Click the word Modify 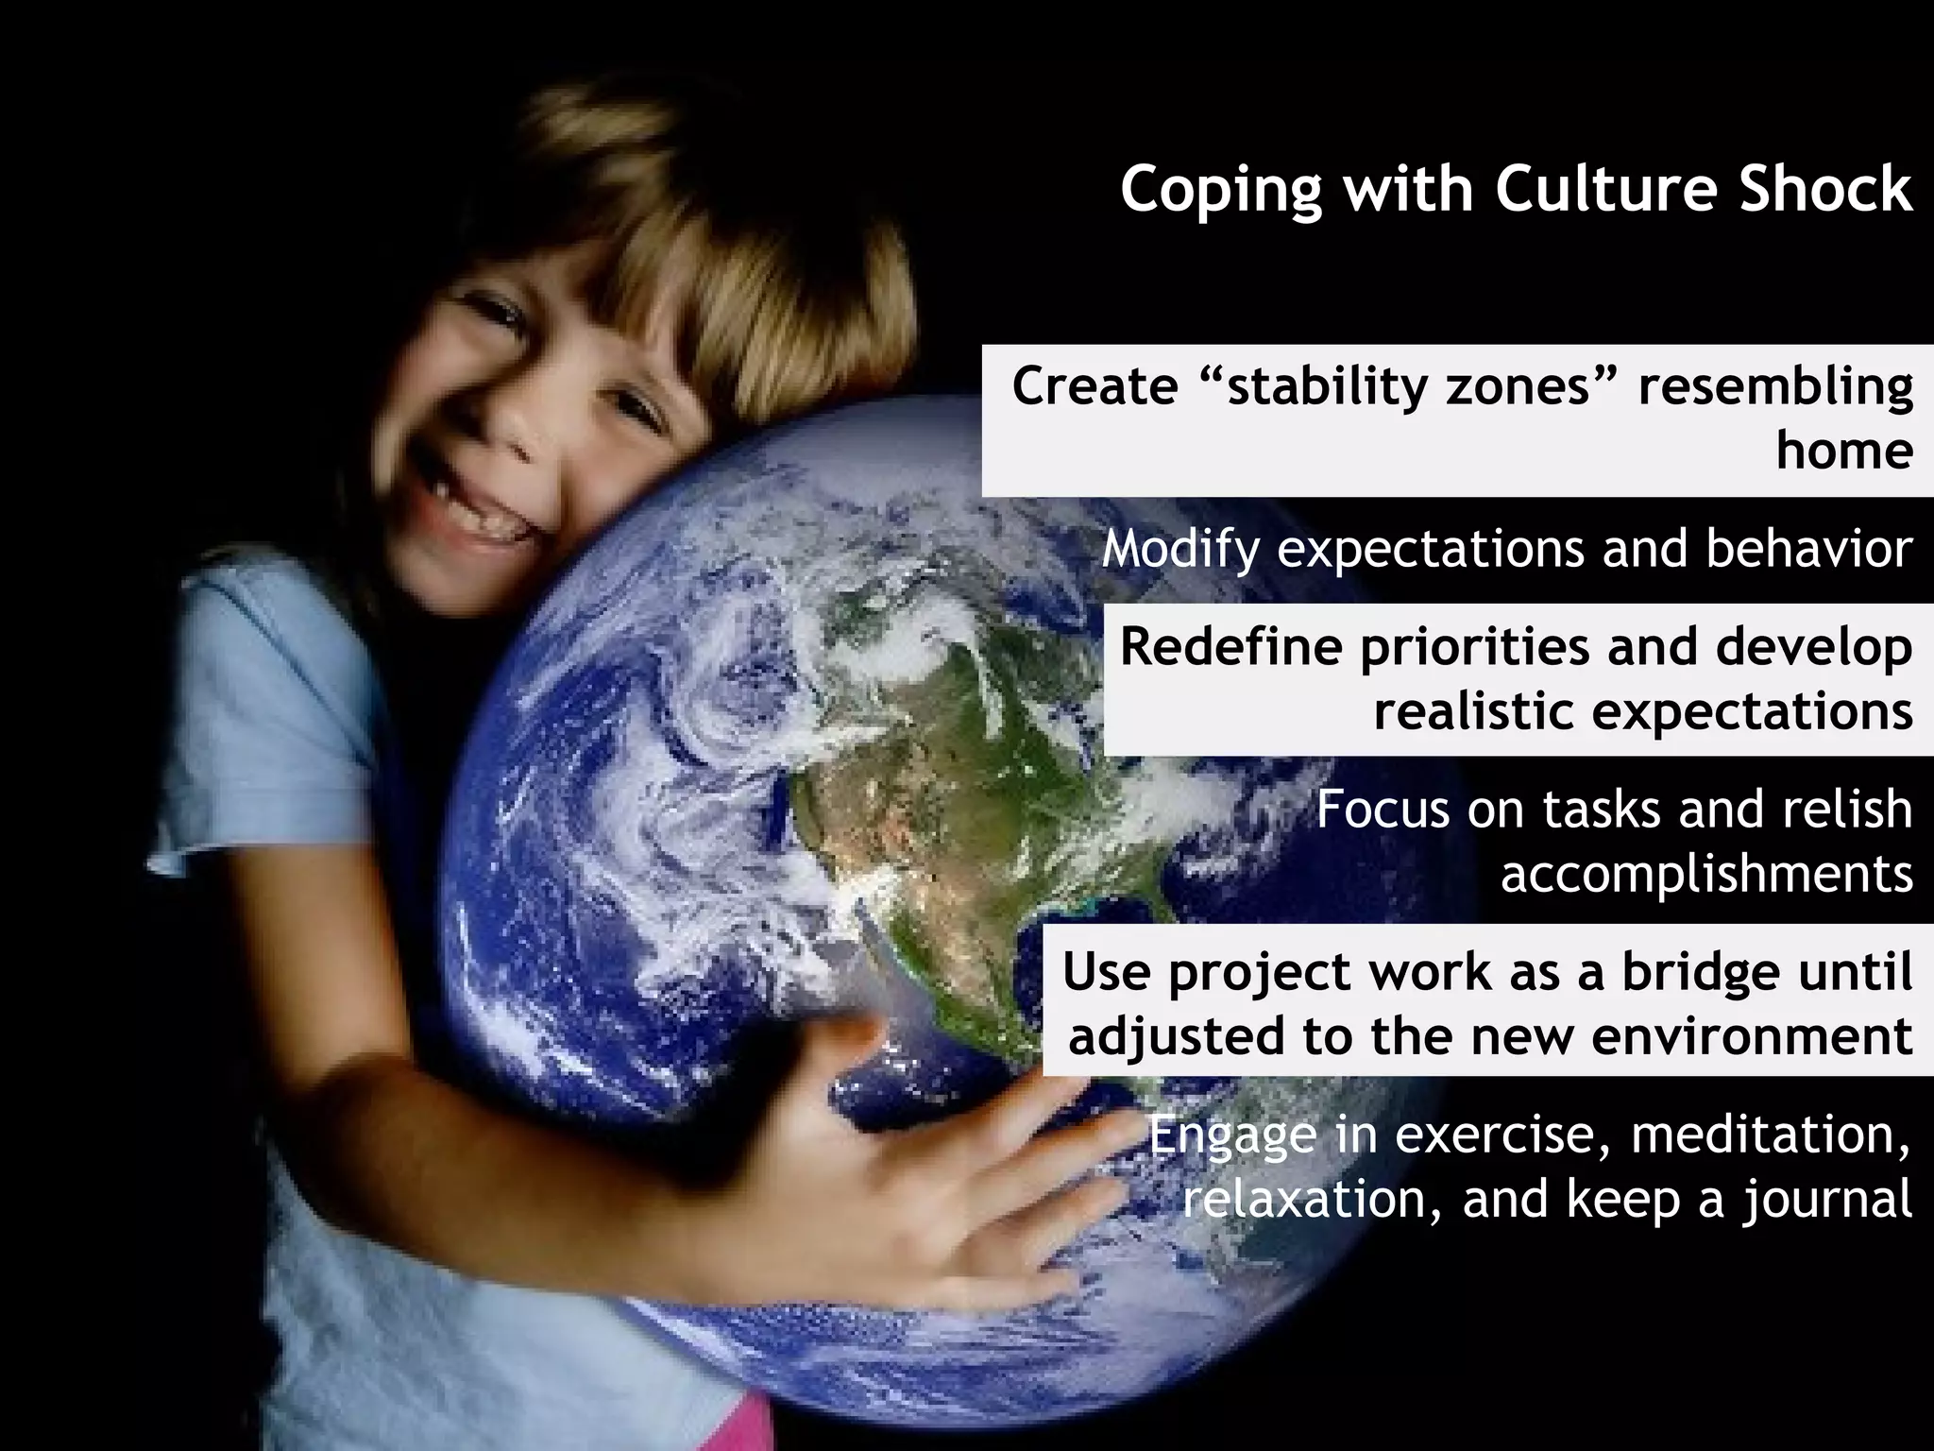pos(1180,550)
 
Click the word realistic pos(1474,711)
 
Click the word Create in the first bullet pos(1094,386)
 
